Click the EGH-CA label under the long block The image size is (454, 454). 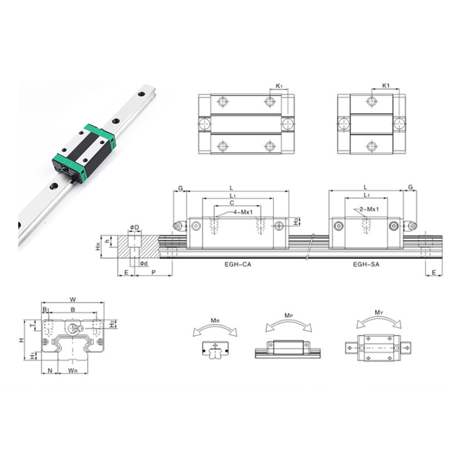pyautogui.click(x=238, y=264)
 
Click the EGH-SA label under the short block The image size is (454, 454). pyautogui.click(x=366, y=264)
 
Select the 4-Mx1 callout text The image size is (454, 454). pyautogui.click(x=243, y=212)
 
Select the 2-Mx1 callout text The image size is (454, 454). pyautogui.click(x=369, y=209)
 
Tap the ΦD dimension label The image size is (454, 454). pyautogui.click(x=134, y=228)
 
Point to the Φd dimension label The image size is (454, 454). pyautogui.click(x=144, y=263)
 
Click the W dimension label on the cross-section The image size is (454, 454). pyautogui.click(x=73, y=300)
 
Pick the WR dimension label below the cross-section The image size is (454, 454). pyautogui.click(x=73, y=371)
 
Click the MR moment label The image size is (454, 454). pyautogui.click(x=215, y=320)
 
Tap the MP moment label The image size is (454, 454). pyautogui.click(x=289, y=316)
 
